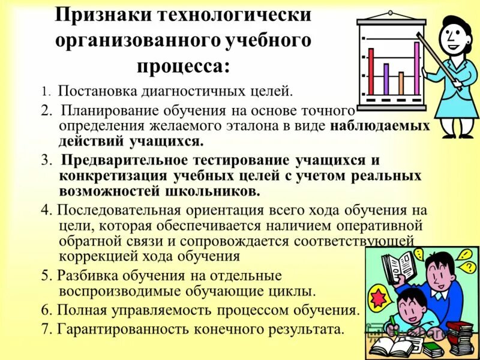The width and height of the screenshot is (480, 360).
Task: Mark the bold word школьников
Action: pos(222,191)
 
